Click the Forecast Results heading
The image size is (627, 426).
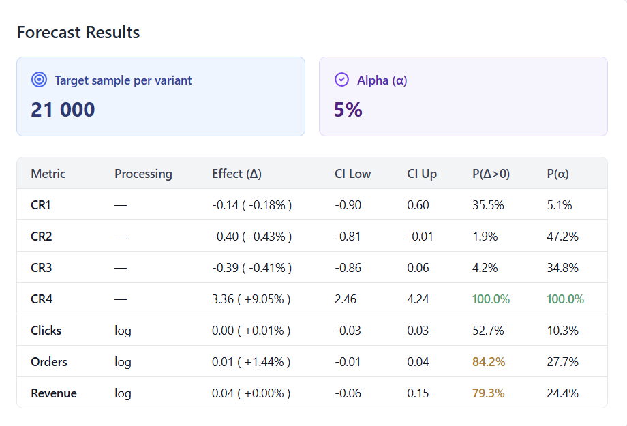tap(78, 32)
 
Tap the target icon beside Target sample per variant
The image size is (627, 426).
tap(39, 80)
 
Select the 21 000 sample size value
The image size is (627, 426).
tap(63, 110)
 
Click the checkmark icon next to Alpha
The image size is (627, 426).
tap(341, 80)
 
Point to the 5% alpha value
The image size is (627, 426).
tap(348, 110)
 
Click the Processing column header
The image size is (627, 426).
tap(143, 174)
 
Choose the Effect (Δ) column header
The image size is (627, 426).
tap(236, 174)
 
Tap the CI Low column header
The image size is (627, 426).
tap(352, 174)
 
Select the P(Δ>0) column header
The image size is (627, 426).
tap(491, 174)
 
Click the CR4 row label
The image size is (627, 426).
tap(42, 299)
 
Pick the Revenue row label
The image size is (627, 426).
tap(54, 393)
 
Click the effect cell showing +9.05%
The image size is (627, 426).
tap(251, 299)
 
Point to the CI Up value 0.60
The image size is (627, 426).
tap(418, 205)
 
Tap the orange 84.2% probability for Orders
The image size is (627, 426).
tap(489, 362)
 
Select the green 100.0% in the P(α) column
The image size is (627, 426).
tap(565, 299)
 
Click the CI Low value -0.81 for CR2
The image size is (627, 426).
tap(348, 237)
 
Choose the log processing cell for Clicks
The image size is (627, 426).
tap(123, 331)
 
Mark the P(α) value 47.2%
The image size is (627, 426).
tap(562, 237)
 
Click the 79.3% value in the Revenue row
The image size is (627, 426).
tap(488, 393)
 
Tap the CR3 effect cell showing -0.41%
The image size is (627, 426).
tap(251, 268)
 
